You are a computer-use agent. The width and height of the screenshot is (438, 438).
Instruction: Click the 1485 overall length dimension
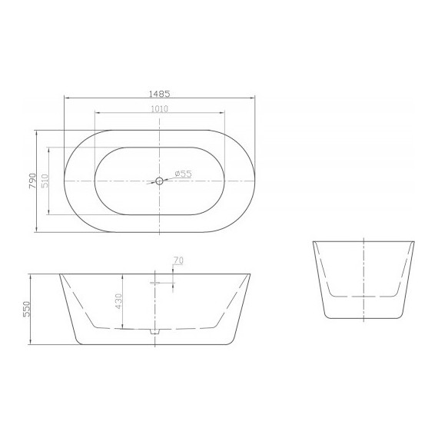(x=159, y=93)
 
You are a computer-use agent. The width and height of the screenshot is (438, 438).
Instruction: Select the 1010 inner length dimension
(x=159, y=108)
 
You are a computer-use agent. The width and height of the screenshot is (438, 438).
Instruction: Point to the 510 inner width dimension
(x=45, y=181)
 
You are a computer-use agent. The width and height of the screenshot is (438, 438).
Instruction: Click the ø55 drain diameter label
(x=182, y=174)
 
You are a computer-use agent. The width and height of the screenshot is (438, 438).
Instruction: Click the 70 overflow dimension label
(x=178, y=261)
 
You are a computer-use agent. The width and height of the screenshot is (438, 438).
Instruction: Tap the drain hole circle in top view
(x=159, y=181)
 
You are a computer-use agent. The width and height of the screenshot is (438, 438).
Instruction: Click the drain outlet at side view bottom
(x=154, y=332)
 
